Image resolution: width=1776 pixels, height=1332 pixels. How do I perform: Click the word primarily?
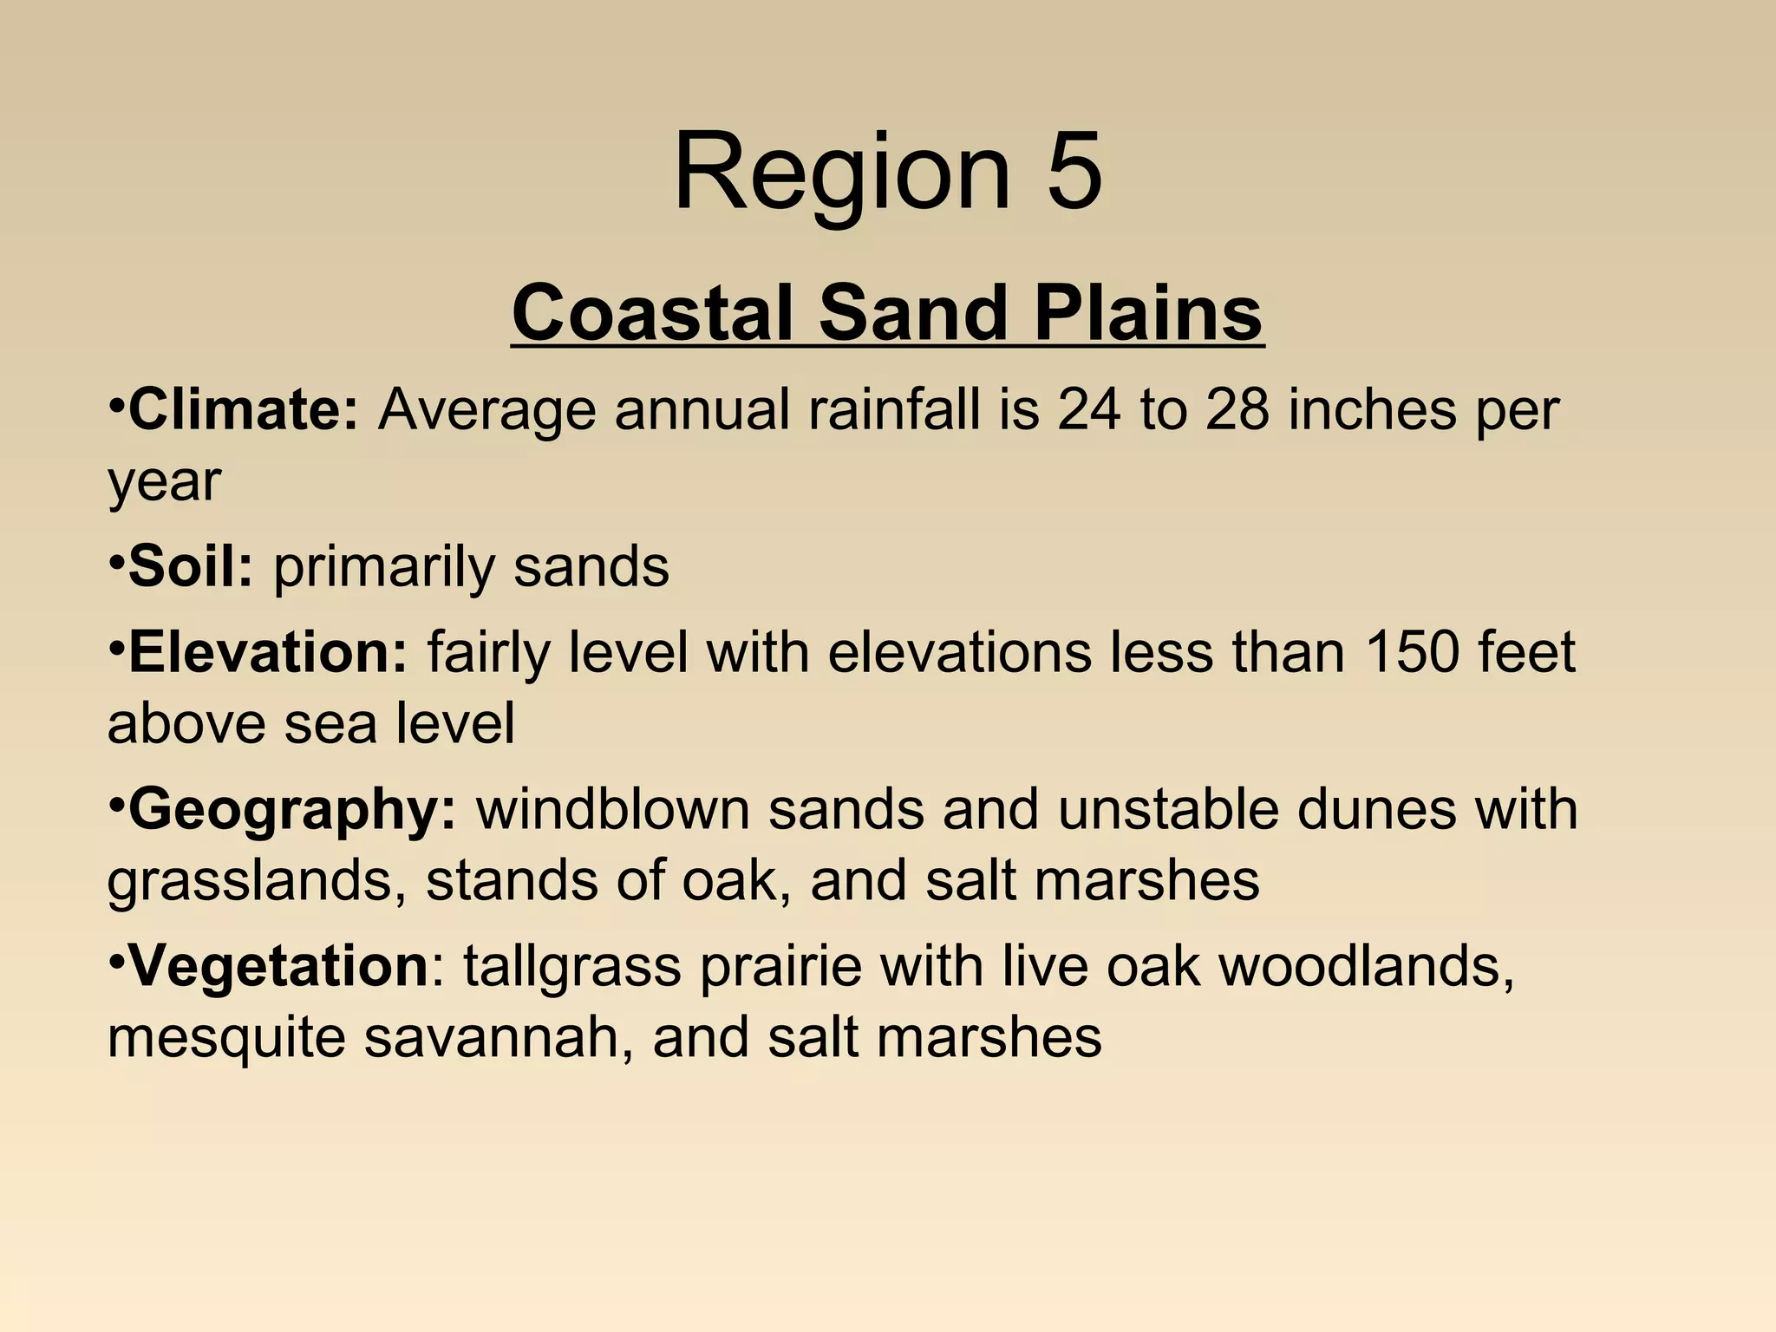384,569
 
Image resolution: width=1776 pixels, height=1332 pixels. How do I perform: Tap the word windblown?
612,810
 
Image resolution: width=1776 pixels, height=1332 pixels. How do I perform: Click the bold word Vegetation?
277,966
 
